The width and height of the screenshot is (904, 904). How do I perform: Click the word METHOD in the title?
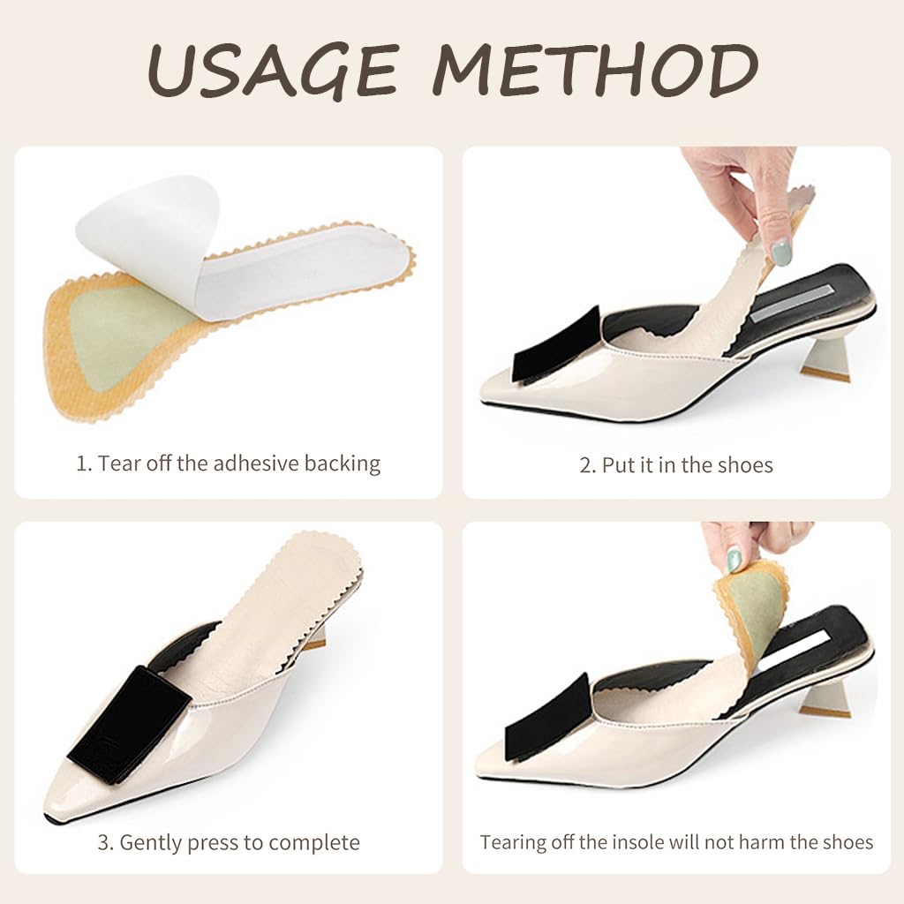(594, 70)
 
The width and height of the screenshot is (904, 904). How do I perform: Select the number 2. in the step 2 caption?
(587, 465)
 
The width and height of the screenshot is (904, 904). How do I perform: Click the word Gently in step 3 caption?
(150, 843)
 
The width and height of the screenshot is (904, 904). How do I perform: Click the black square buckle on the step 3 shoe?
(130, 726)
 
